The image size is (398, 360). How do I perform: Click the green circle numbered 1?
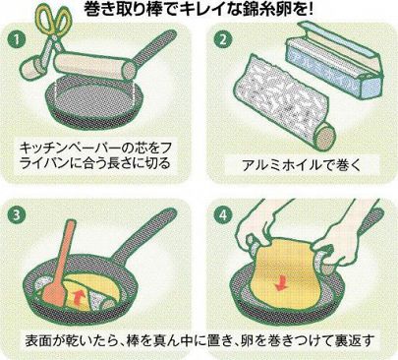[x=17, y=39]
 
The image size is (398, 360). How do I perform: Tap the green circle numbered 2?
[x=223, y=39]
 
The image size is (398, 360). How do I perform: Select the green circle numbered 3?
[x=17, y=215]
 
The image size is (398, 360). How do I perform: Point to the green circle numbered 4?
[x=223, y=215]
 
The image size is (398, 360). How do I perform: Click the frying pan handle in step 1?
[x=154, y=47]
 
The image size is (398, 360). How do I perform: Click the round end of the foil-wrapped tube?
[x=326, y=135]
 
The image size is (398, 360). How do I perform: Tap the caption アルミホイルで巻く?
[x=301, y=165]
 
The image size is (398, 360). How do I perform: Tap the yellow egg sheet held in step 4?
[x=284, y=272]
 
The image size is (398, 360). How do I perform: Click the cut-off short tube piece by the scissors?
[x=31, y=67]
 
